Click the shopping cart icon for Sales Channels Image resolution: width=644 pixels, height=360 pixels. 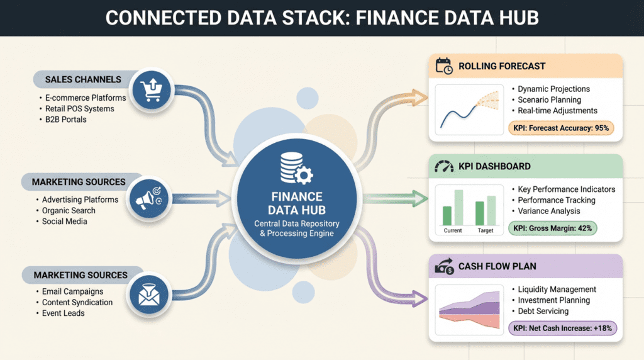[151, 89]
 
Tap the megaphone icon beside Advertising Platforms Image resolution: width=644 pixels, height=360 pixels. [148, 198]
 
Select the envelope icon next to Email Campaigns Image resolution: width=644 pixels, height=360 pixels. [148, 295]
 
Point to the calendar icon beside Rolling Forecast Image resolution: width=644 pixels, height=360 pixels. [444, 66]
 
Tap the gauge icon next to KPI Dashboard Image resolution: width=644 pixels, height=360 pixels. [444, 166]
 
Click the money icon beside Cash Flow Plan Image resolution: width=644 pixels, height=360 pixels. [445, 266]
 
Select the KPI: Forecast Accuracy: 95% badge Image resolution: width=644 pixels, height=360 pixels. [561, 128]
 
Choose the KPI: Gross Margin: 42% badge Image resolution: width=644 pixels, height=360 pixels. [552, 228]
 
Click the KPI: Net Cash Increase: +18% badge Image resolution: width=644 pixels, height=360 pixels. [563, 329]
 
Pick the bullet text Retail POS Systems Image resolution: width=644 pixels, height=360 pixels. [80, 109]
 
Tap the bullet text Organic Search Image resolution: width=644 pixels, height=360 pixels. [69, 210]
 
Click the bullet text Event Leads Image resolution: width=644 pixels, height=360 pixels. [64, 313]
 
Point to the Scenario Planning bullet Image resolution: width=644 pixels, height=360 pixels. [550, 100]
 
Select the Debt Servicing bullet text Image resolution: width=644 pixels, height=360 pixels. [543, 311]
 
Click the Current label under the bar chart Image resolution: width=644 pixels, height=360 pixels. [453, 230]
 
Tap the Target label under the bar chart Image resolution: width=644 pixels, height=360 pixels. [486, 230]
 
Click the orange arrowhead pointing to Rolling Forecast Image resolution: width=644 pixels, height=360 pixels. [419, 98]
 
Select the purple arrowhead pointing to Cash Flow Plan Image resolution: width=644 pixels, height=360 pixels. [419, 298]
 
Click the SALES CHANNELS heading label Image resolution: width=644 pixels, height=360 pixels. [84, 80]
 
